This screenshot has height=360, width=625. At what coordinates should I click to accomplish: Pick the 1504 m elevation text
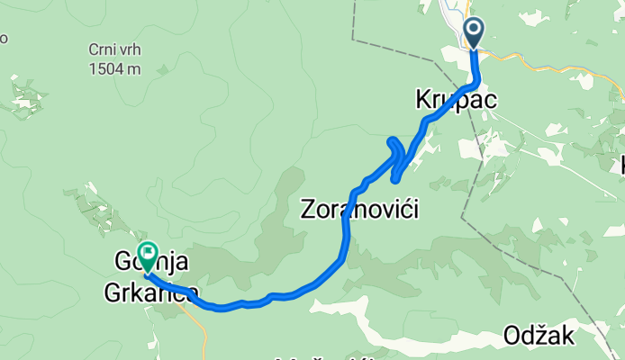click(x=113, y=68)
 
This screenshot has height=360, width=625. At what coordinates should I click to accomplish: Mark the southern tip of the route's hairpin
click(x=395, y=179)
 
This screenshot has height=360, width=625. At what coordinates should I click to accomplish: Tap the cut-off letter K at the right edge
click(x=620, y=165)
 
